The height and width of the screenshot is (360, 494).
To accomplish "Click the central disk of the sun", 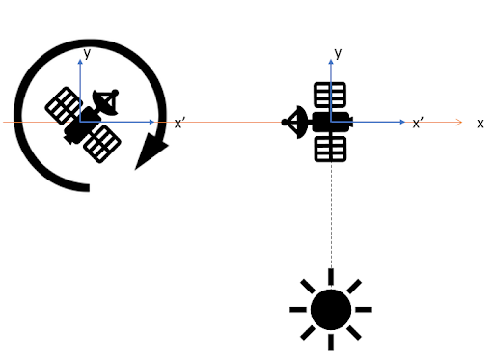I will (331, 309).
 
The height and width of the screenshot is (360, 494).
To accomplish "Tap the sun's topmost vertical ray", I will (331, 275).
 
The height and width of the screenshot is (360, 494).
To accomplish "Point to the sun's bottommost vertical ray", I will (331, 342).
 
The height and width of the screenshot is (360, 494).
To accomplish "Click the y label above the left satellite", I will (87, 55).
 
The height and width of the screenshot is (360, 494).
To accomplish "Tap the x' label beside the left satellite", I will (179, 124).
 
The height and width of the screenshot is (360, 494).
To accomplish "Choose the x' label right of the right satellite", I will (419, 124).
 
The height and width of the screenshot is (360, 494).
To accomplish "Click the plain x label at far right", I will (480, 124).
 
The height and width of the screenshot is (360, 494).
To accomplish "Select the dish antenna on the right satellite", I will (295, 122).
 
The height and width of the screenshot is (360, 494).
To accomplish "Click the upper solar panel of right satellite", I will (331, 95).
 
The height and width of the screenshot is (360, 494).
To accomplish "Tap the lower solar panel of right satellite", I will (331, 148).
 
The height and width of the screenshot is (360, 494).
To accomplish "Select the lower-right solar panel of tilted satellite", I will (102, 143).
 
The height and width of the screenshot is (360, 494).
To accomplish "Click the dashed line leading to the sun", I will (331, 212).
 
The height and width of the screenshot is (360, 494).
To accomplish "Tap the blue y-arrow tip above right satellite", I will (331, 47).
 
